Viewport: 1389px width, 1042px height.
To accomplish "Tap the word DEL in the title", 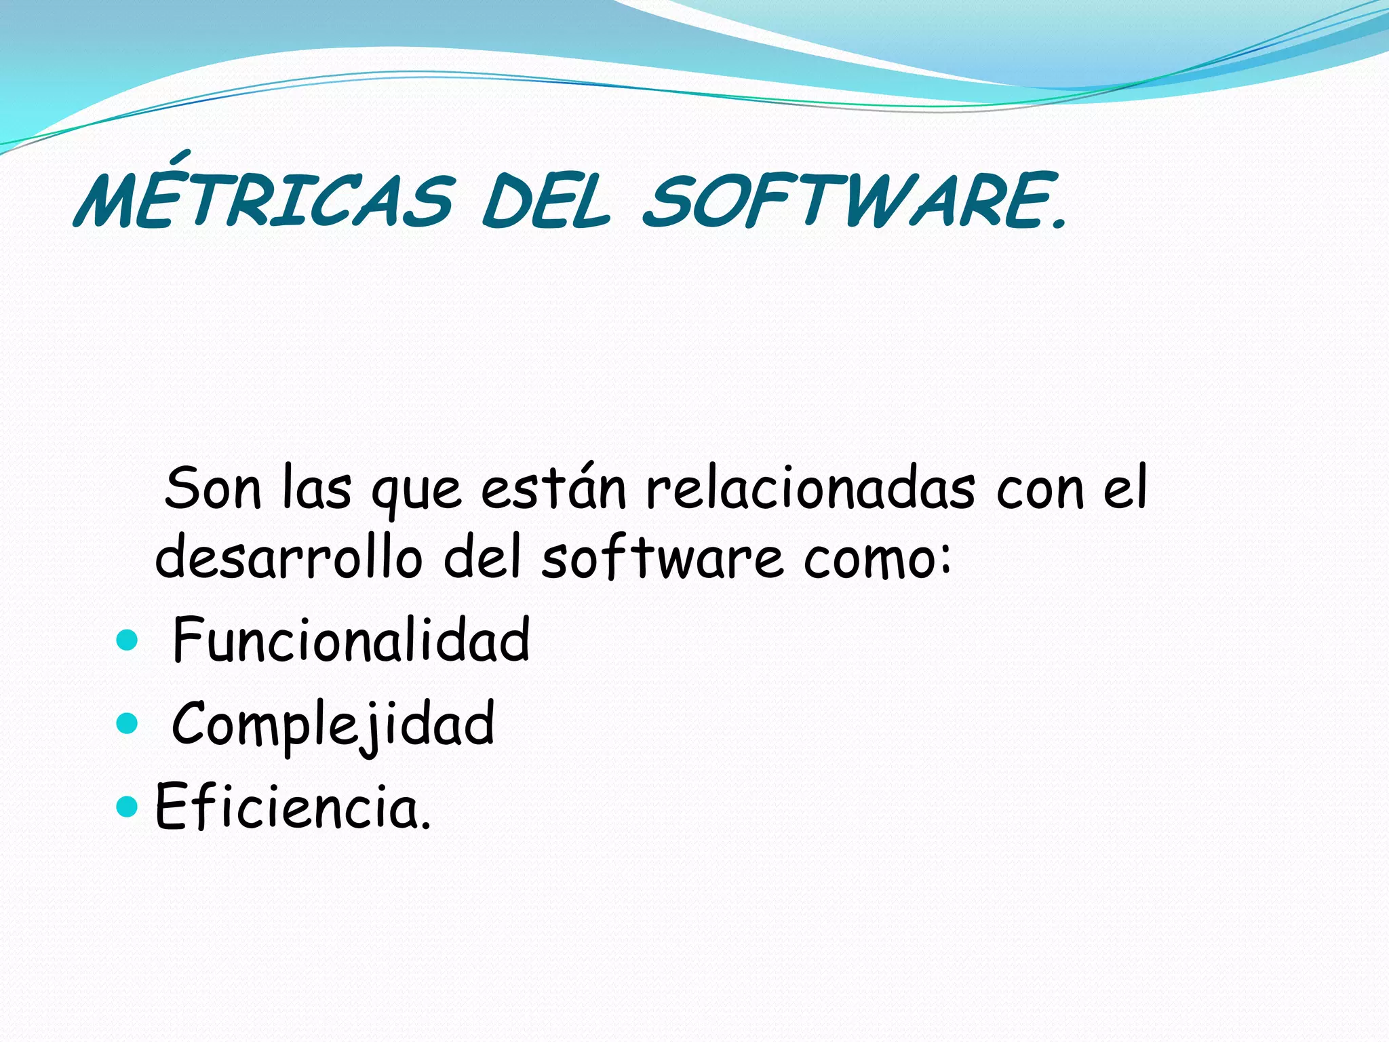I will (546, 201).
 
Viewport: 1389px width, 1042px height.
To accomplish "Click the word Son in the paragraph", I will (213, 488).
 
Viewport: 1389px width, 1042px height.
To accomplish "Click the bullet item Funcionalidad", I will (351, 640).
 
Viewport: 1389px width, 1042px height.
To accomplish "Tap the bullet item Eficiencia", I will (292, 807).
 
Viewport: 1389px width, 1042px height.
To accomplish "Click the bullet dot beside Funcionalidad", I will (127, 640).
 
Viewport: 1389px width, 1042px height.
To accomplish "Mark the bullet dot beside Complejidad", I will (127, 724).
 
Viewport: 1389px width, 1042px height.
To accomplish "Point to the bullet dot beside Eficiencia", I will (127, 807).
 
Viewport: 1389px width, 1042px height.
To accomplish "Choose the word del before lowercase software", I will (482, 556).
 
